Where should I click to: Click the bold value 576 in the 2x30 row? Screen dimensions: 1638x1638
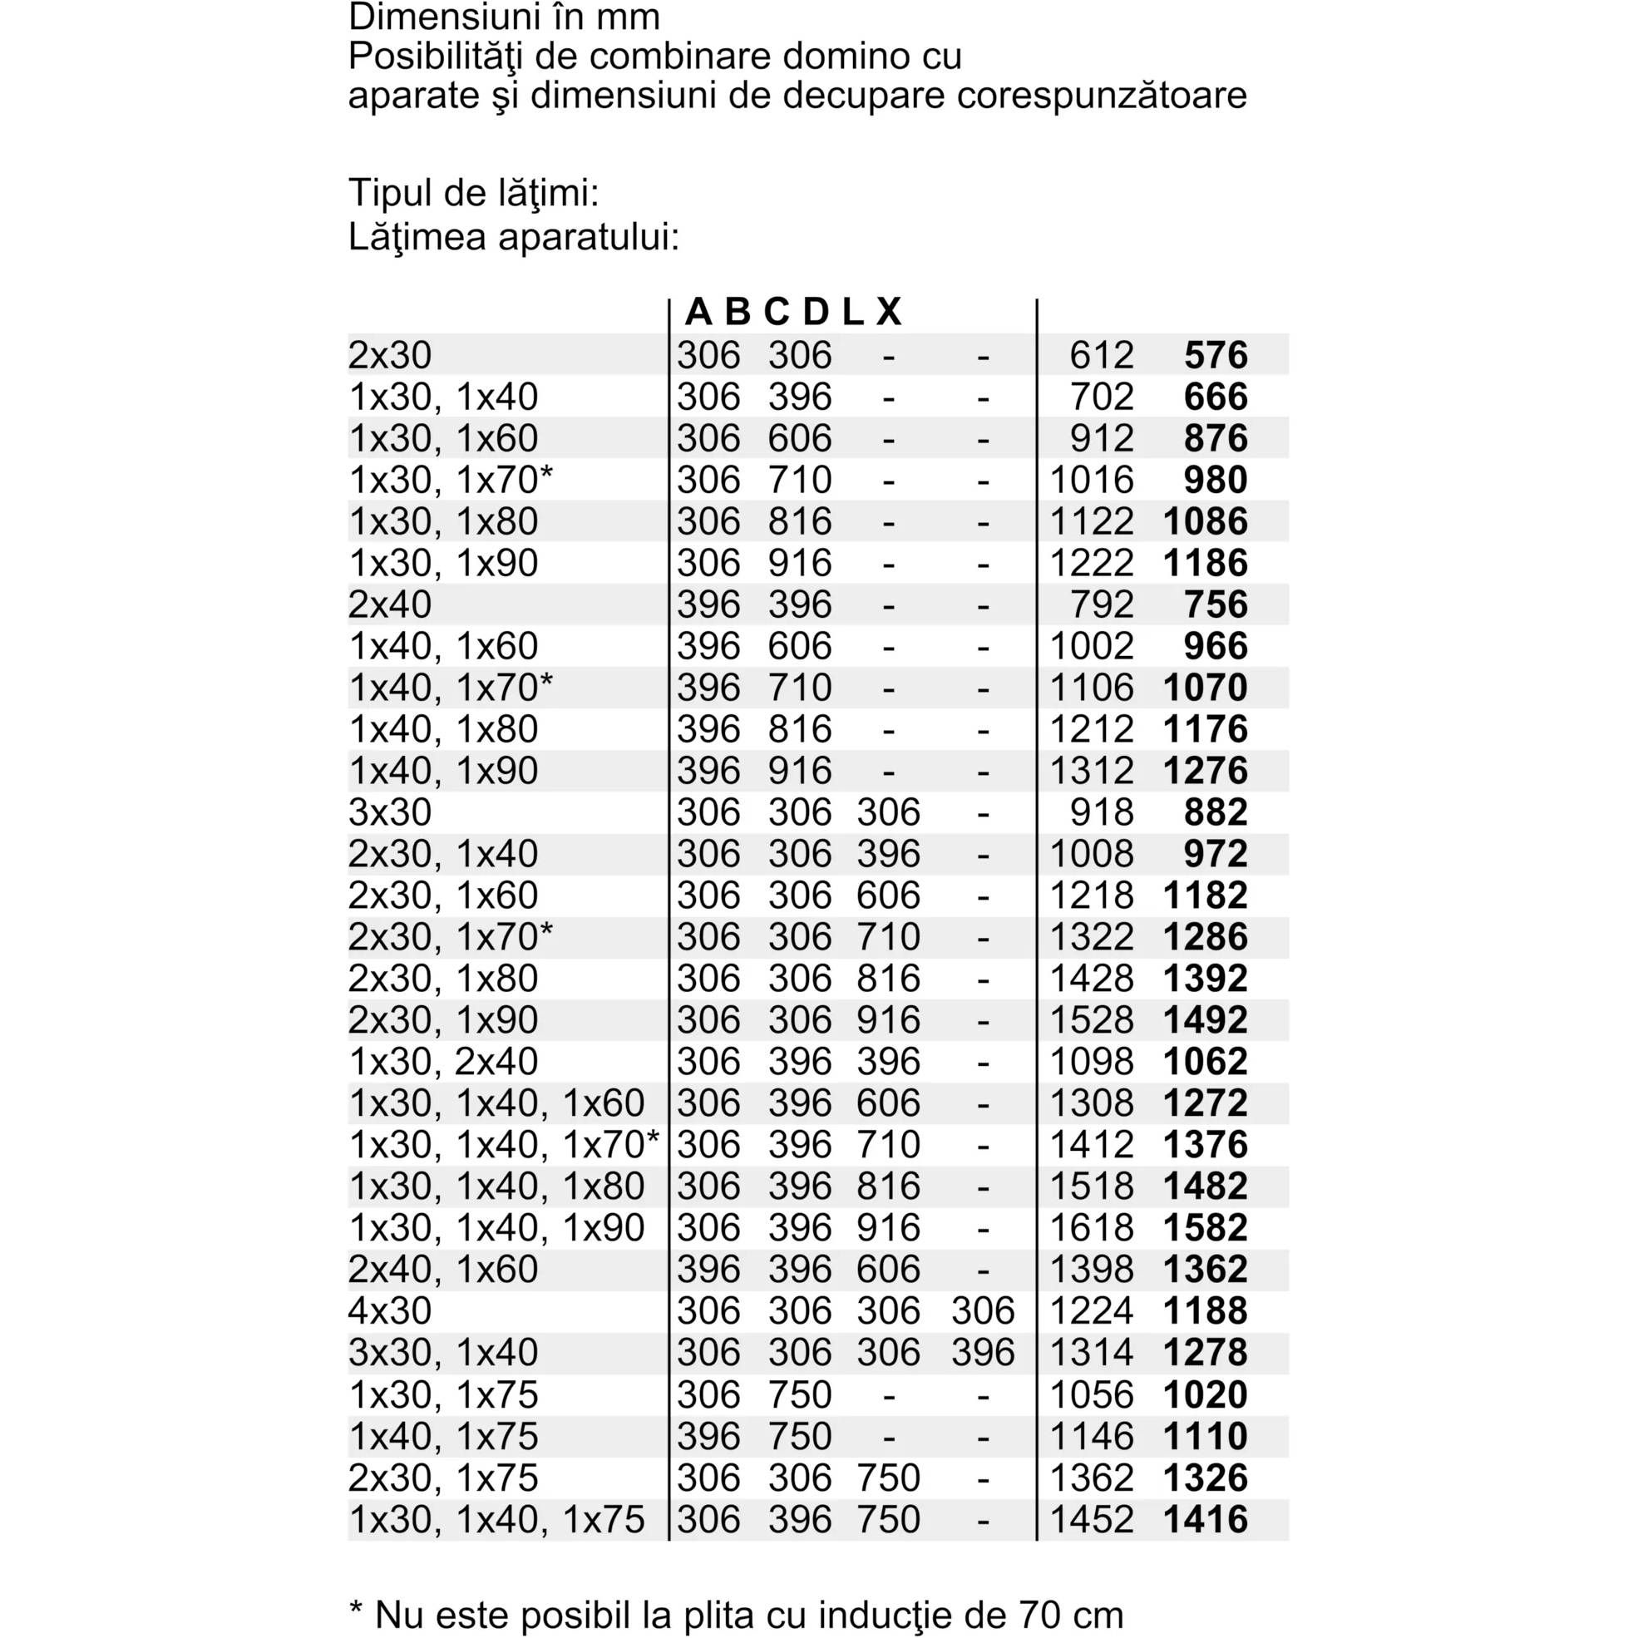(x=1215, y=355)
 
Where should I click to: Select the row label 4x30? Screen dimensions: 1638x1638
(x=390, y=1310)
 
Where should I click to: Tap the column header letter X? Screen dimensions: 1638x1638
(x=888, y=312)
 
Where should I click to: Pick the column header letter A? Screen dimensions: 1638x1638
(x=698, y=312)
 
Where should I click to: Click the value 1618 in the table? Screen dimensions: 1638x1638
(x=1091, y=1227)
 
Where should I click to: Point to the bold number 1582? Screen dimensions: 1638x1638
(x=1205, y=1227)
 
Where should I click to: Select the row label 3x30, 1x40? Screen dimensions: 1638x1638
(x=442, y=1352)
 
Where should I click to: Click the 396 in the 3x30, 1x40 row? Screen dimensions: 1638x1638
(x=983, y=1352)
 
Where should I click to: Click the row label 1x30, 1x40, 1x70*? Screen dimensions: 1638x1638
(x=504, y=1145)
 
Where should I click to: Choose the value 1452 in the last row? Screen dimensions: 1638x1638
(x=1091, y=1519)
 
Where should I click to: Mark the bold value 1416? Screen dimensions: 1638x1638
(x=1205, y=1519)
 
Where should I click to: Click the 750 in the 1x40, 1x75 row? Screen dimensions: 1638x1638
(x=800, y=1436)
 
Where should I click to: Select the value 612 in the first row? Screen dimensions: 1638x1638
(x=1101, y=355)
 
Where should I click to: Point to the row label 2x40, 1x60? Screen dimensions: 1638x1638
(x=442, y=1269)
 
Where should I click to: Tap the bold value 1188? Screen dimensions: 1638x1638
(x=1205, y=1310)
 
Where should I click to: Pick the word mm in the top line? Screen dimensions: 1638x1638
(x=633, y=17)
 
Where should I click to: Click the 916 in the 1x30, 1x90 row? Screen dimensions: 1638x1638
(x=800, y=563)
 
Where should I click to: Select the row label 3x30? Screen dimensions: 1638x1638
(x=390, y=812)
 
